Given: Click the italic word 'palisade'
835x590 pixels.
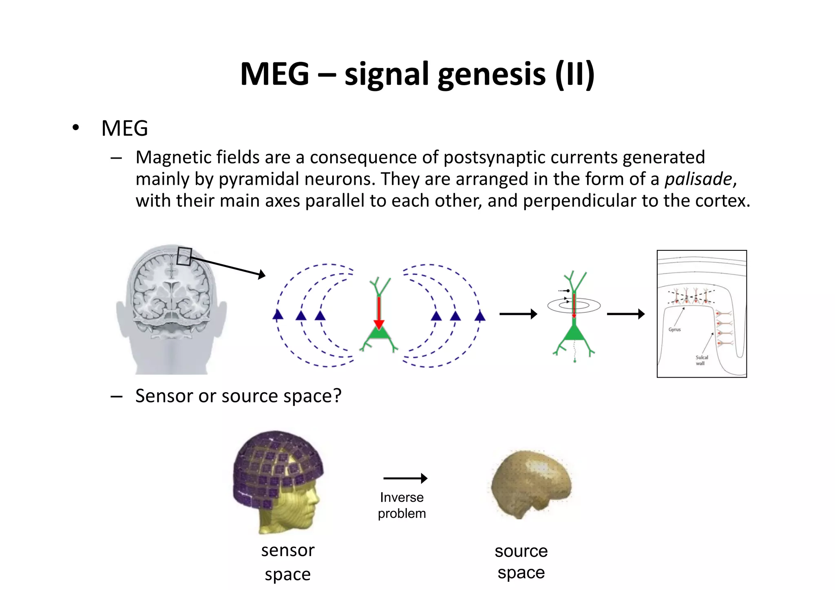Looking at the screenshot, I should click(x=698, y=179).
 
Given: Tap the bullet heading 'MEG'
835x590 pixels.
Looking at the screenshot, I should click(x=124, y=128).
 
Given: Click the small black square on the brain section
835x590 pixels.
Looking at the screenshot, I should click(x=184, y=256).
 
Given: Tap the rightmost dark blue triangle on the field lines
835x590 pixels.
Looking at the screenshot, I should click(x=480, y=316).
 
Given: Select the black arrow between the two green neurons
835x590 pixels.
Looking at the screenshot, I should click(x=518, y=314).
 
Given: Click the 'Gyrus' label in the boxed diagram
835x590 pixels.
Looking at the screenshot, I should click(x=674, y=329).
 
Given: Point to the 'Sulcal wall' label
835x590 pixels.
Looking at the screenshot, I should click(x=701, y=360).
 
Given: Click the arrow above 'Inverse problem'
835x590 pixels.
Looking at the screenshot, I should click(x=405, y=478).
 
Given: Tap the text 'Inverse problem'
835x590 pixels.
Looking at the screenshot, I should click(x=402, y=505).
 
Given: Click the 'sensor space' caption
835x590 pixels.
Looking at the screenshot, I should click(x=288, y=562).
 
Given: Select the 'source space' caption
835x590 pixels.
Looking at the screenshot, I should click(x=521, y=561).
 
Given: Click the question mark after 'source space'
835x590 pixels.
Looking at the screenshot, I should click(x=337, y=396).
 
